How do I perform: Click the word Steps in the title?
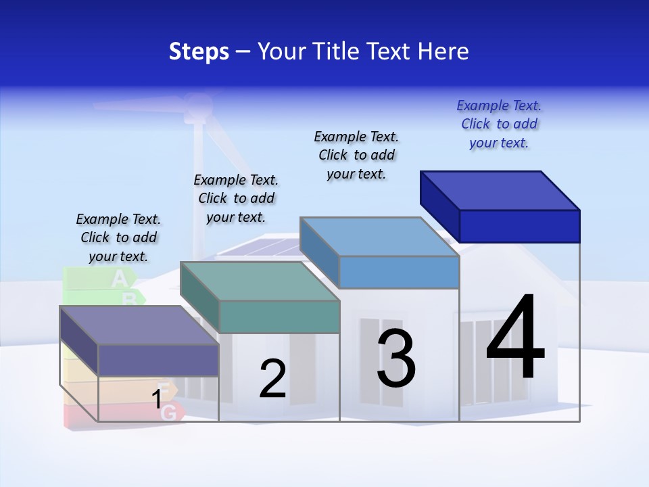(x=199, y=51)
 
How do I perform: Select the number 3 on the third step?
(x=396, y=358)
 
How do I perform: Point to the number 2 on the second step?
(x=273, y=379)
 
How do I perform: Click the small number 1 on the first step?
(x=157, y=399)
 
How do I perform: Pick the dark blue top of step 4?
(x=500, y=190)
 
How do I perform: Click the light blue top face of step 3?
(x=380, y=236)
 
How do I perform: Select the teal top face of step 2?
(x=260, y=281)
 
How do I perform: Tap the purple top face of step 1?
(x=139, y=325)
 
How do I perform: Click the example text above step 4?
(x=499, y=124)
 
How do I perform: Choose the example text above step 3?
(x=356, y=155)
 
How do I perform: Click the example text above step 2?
(x=236, y=198)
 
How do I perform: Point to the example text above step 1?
(x=118, y=237)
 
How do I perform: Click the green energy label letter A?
(x=119, y=277)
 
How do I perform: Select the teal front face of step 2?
(x=279, y=317)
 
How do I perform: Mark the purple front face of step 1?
(x=158, y=360)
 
